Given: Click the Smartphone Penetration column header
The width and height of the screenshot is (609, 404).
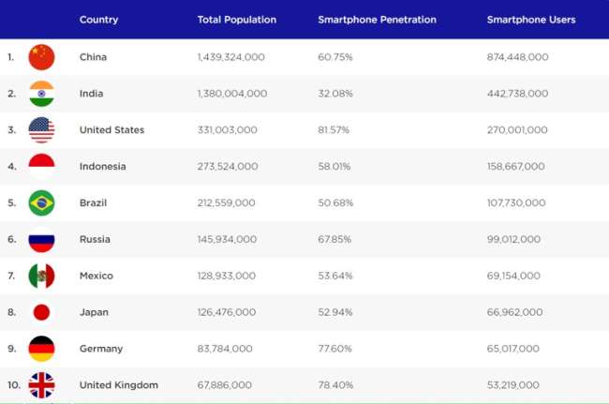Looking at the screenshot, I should point(377,20).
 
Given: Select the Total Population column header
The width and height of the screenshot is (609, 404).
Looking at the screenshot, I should point(236,20).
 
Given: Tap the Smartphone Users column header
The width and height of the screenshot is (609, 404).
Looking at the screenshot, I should point(531,20).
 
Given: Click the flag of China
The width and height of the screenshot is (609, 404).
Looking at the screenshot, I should point(41,57).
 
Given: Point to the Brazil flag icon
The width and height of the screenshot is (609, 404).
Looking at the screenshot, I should point(41,202).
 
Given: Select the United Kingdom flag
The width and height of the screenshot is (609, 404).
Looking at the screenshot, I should point(41,385).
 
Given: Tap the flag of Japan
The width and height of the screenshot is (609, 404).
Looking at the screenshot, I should point(41,312).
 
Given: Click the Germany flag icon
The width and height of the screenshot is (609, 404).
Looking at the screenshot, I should point(41,349).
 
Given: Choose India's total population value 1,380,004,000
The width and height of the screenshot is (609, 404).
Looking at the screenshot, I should point(232,94).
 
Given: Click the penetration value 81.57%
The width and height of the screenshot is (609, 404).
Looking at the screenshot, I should point(334,130).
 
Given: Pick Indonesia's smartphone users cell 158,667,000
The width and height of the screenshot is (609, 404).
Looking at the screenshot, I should point(515,167).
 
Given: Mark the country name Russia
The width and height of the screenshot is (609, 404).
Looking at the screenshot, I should point(95,239).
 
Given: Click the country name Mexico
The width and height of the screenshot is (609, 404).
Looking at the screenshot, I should point(96,276).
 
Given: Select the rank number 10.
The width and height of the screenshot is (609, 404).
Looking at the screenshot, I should point(12,385).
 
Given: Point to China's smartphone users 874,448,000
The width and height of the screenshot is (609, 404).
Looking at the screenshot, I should point(517,57).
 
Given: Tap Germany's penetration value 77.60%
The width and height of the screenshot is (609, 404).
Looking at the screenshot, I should point(334,349).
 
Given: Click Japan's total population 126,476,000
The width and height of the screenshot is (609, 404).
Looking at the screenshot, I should point(227,312).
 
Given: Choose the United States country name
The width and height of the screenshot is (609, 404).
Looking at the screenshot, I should point(111,130).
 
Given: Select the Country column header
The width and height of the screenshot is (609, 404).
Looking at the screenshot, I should point(98,20).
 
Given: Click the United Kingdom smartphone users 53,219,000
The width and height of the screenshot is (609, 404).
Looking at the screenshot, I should point(513,385).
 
